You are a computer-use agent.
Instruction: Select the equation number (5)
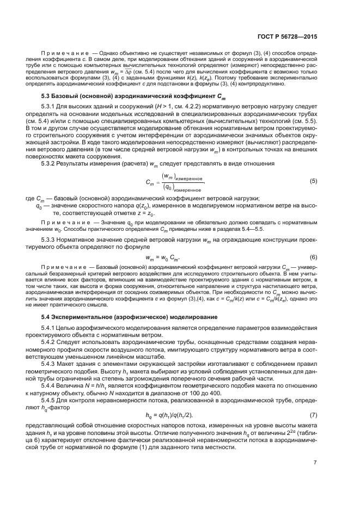[x=313, y=180]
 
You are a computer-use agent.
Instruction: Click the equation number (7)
[x=313, y=400]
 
